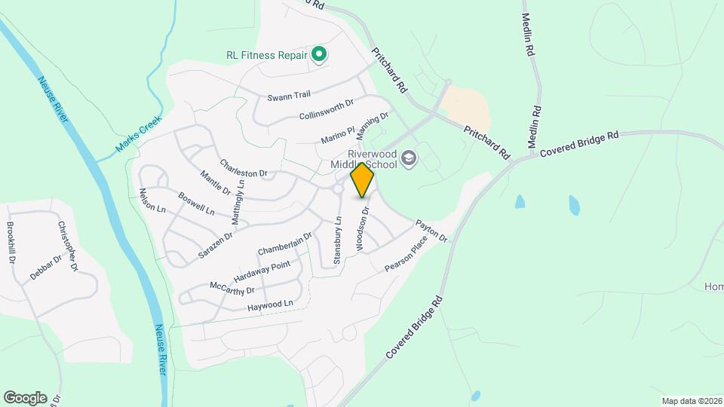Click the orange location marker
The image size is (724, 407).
(x=363, y=179)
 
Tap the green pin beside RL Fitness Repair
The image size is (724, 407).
(x=319, y=54)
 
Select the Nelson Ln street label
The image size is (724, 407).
(x=152, y=197)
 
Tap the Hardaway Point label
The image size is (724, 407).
(x=262, y=271)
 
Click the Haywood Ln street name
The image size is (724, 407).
(x=269, y=306)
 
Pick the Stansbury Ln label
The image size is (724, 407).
(x=338, y=234)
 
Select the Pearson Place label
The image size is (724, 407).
(x=406, y=254)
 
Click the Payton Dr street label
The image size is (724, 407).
(x=431, y=231)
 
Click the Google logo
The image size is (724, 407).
(x=25, y=397)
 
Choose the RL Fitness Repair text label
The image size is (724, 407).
(x=267, y=55)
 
